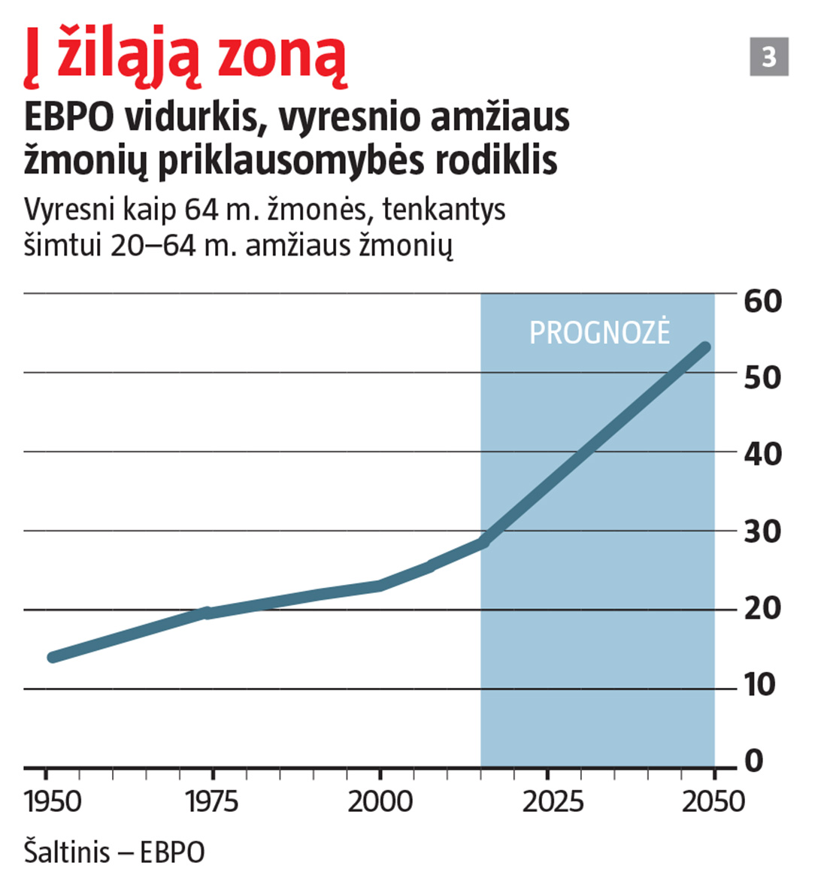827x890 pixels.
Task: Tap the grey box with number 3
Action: [x=768, y=57]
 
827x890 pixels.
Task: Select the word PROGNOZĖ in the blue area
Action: [x=599, y=333]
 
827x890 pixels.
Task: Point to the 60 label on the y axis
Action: [x=762, y=301]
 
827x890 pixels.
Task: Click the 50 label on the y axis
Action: [x=762, y=377]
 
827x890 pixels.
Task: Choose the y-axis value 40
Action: [x=762, y=455]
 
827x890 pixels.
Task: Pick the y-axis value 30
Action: [x=762, y=532]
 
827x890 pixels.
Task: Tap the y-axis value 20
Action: [x=762, y=609]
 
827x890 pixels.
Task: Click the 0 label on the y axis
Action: [x=753, y=761]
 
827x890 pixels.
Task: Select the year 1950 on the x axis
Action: [x=53, y=802]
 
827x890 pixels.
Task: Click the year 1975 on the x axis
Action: [x=212, y=802]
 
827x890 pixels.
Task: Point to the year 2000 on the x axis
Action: [x=380, y=802]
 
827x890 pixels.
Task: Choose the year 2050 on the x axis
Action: [x=712, y=802]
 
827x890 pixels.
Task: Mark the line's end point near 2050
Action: [x=705, y=347]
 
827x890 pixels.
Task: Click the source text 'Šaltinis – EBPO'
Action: [x=114, y=853]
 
